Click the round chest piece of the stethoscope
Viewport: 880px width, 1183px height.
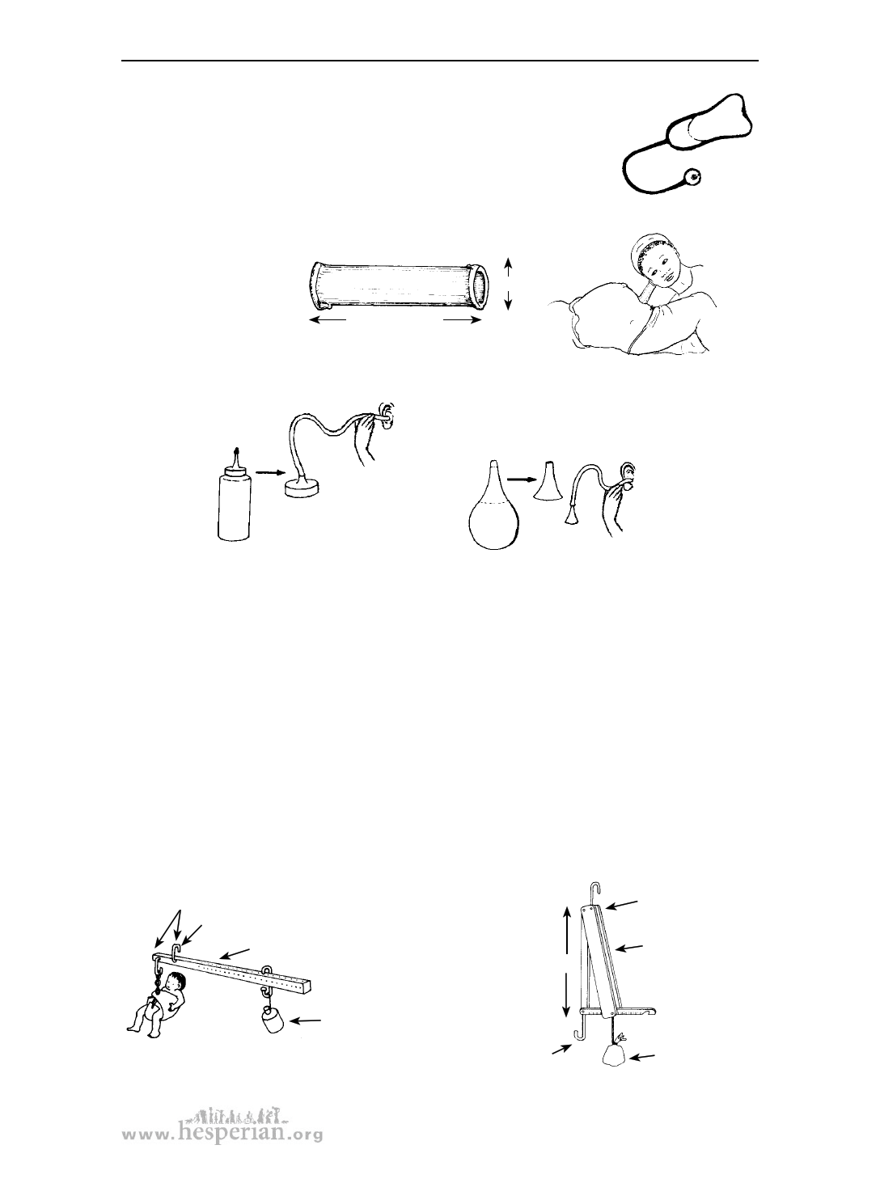coord(692,175)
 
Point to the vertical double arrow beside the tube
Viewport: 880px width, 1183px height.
coord(508,283)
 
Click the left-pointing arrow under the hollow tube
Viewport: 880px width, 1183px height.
coord(328,320)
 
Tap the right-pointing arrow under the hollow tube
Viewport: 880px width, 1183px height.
coord(462,320)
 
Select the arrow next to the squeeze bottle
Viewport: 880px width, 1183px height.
coord(269,471)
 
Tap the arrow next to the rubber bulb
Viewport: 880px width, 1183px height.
coord(520,480)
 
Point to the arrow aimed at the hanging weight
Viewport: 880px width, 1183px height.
coord(308,1020)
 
